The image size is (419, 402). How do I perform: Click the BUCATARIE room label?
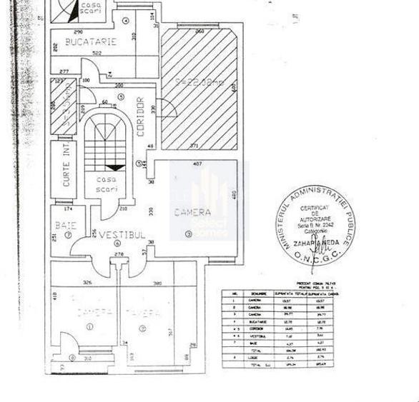pos(90,42)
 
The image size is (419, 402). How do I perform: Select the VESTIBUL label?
pos(122,235)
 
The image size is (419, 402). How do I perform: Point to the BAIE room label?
pos(65,226)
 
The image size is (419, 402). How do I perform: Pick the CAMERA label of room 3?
pos(192,212)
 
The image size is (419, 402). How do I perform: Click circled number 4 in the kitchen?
pos(126,20)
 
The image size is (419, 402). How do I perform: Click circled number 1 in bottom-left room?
pos(90,326)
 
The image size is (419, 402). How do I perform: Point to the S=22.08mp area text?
pos(199,82)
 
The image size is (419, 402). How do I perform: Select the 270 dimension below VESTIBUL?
pos(119,253)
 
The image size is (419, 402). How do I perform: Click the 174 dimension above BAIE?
pos(69,209)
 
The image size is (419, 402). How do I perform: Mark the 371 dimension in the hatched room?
pos(194,146)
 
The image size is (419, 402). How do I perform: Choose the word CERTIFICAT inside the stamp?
pos(315,208)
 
